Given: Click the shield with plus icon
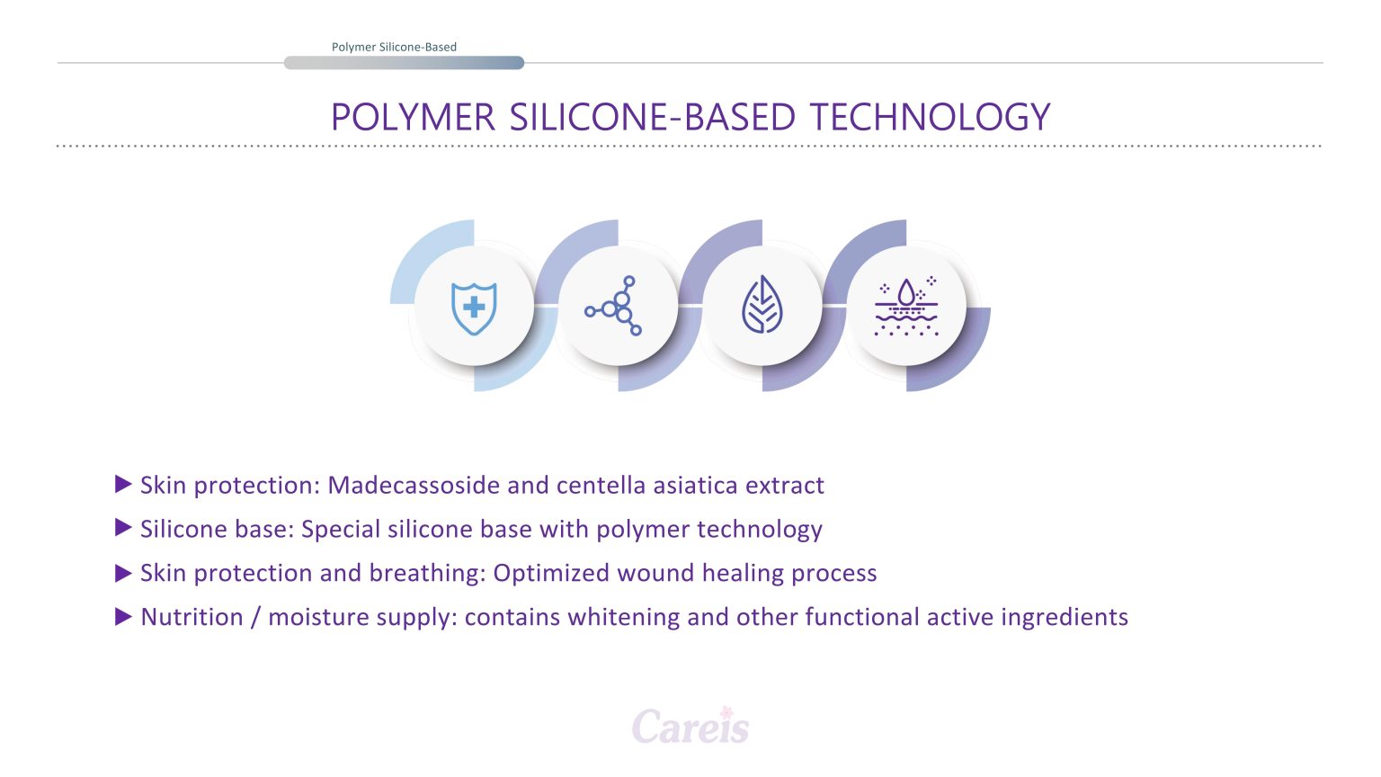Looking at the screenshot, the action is coord(474,308).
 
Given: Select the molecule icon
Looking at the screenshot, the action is coord(613,306).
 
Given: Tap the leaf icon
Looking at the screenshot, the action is coord(762,305).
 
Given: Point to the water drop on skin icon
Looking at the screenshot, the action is coord(905,307).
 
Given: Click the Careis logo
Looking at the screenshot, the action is coord(690,725).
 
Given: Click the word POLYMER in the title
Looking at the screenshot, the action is coord(413,117).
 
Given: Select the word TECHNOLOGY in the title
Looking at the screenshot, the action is coord(930,117).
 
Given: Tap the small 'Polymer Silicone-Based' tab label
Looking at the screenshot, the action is coord(394,47).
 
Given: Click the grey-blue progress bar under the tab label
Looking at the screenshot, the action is coord(404,63).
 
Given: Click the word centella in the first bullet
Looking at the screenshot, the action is coord(601,486).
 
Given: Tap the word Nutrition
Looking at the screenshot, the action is coord(192,617).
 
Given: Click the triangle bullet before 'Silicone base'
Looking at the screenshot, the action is coord(123,528).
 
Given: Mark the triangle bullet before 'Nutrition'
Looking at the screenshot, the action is coord(123,616).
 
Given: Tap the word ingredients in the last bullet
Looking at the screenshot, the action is coord(1065,617).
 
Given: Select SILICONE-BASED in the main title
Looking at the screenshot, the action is coord(652,117).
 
